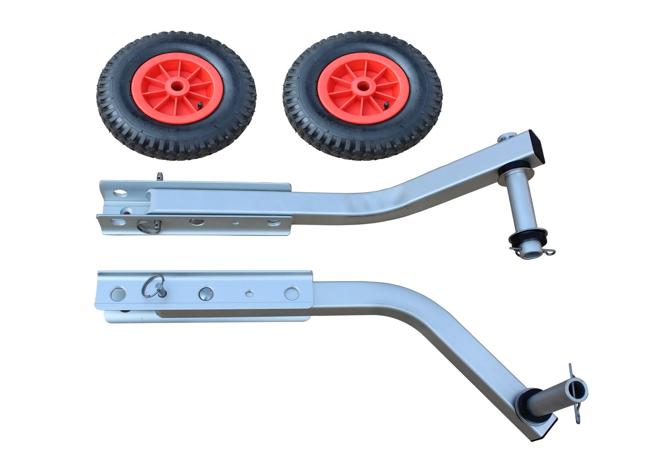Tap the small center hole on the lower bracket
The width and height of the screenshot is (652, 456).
point(249,293)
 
